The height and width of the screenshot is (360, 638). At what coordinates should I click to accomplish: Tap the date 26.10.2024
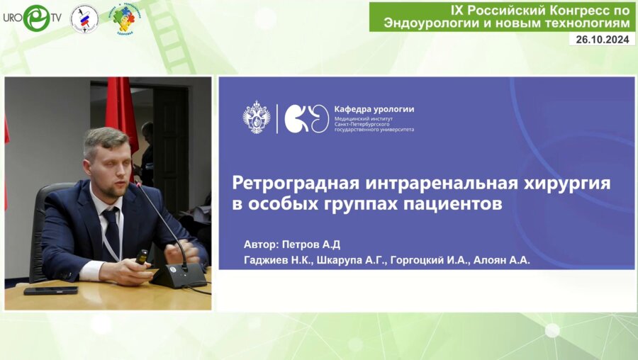(602, 40)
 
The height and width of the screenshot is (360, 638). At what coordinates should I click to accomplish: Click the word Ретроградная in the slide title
(298, 184)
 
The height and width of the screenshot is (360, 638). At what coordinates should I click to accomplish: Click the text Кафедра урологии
(374, 109)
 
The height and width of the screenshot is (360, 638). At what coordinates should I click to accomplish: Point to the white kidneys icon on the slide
(307, 118)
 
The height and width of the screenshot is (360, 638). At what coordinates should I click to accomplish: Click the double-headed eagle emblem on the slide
(256, 118)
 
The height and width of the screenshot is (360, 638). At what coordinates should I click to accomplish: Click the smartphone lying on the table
(50, 291)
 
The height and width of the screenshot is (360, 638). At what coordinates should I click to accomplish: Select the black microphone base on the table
(179, 275)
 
